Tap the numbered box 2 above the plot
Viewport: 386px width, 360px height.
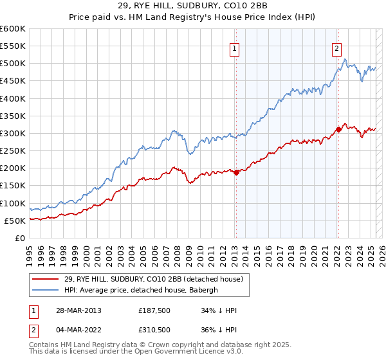pyautogui.click(x=337, y=47)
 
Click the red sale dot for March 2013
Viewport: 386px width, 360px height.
pyautogui.click(x=236, y=172)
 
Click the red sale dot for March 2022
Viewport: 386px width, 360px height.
pyautogui.click(x=338, y=129)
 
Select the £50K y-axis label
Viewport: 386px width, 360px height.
pyautogui.click(x=15, y=221)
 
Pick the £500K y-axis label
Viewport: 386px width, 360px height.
pyautogui.click(x=13, y=64)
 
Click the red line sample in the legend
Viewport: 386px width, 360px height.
pyautogui.click(x=47, y=279)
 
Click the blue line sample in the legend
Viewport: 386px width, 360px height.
pyautogui.click(x=47, y=289)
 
